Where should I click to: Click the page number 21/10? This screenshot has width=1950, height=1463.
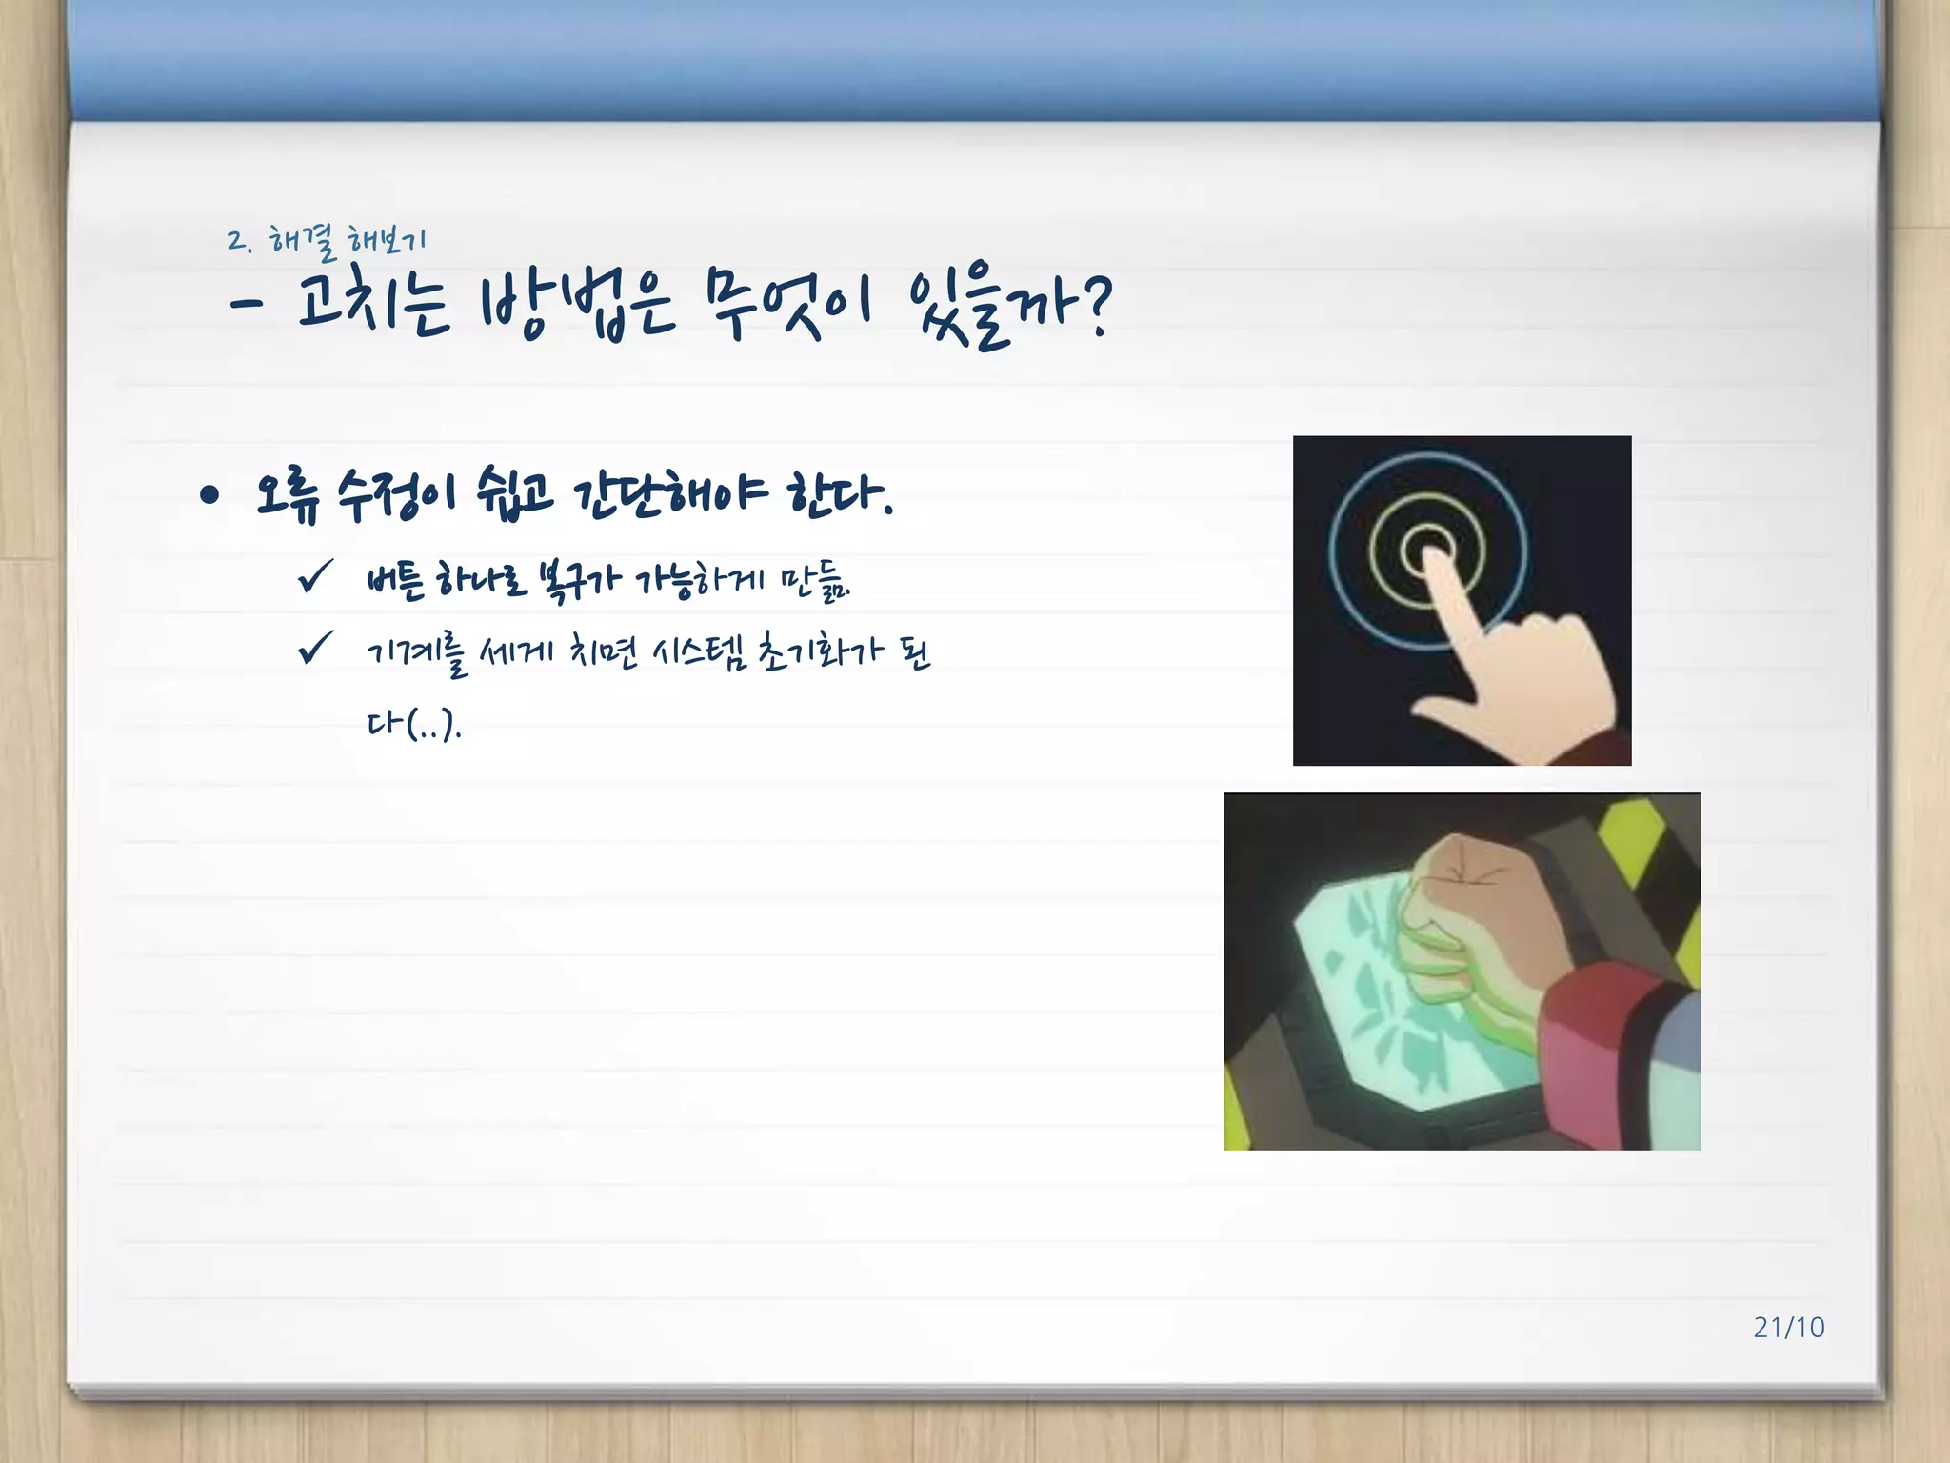click(1788, 1327)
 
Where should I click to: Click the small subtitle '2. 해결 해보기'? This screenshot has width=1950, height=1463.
click(327, 241)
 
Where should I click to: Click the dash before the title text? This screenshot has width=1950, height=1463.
click(246, 305)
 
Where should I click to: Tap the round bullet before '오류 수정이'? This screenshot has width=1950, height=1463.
click(210, 494)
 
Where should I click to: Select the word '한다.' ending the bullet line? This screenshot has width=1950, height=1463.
click(839, 493)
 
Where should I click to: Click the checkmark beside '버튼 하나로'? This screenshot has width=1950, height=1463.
click(315, 575)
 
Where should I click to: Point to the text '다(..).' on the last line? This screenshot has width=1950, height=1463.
click(413, 726)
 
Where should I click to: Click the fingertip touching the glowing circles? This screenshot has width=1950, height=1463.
click(1432, 560)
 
